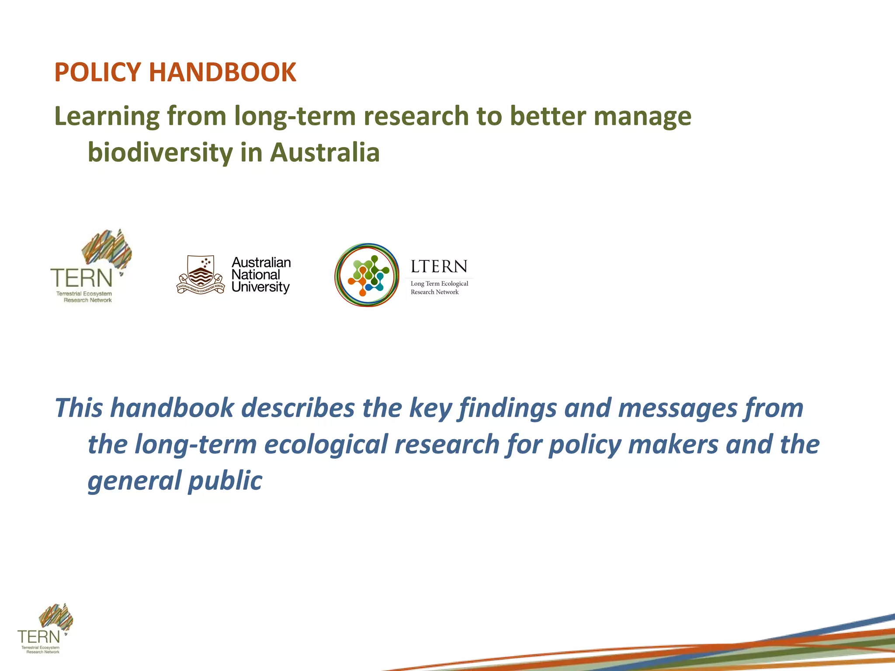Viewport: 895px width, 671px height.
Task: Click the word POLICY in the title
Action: pyautogui.click(x=98, y=73)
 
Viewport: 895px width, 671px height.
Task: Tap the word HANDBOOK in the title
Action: pyautogui.click(x=222, y=73)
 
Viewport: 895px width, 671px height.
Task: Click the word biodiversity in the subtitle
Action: pyautogui.click(x=160, y=153)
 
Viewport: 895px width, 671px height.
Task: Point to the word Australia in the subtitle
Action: pyautogui.click(x=325, y=153)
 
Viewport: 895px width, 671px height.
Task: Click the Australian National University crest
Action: pyautogui.click(x=201, y=275)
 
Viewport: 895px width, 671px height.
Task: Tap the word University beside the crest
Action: pyautogui.click(x=260, y=287)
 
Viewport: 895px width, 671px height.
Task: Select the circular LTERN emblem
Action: pyautogui.click(x=367, y=275)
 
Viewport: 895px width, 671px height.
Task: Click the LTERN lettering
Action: pyautogui.click(x=439, y=266)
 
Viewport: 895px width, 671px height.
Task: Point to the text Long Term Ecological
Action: pyautogui.click(x=439, y=284)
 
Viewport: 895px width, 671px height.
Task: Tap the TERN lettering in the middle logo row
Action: pyautogui.click(x=82, y=278)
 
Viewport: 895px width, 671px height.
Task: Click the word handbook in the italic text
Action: pyautogui.click(x=172, y=408)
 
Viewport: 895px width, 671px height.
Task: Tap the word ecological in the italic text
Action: pyautogui.click(x=326, y=445)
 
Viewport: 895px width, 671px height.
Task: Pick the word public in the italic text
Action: pyautogui.click(x=225, y=481)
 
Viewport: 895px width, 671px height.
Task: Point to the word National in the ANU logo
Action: pyautogui.click(x=256, y=275)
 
